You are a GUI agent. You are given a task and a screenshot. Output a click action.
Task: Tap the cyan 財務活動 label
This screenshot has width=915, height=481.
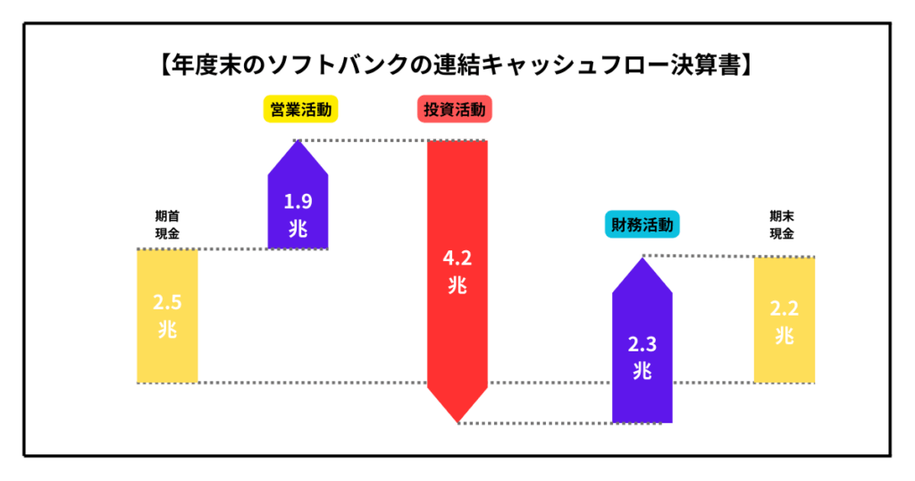641,224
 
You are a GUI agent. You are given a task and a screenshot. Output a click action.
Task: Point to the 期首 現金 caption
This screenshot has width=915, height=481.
167,224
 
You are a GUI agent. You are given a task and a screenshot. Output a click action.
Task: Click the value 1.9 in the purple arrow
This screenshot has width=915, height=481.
298,200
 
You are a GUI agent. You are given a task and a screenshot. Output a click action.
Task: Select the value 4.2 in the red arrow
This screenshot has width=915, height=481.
457,259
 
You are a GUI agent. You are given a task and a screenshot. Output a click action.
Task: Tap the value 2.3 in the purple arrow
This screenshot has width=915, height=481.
642,343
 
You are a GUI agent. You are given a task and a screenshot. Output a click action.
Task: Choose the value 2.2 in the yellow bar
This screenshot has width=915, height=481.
784,309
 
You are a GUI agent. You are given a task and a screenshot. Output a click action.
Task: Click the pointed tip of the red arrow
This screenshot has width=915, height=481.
457,421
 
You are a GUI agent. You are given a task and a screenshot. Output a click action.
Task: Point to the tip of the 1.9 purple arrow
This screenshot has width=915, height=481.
298,141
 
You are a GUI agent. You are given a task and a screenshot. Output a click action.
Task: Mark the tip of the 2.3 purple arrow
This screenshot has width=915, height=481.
642,259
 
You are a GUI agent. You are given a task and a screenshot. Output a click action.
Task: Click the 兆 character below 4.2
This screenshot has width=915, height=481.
457,287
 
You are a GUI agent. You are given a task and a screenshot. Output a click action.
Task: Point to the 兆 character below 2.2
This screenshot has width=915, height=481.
784,336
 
